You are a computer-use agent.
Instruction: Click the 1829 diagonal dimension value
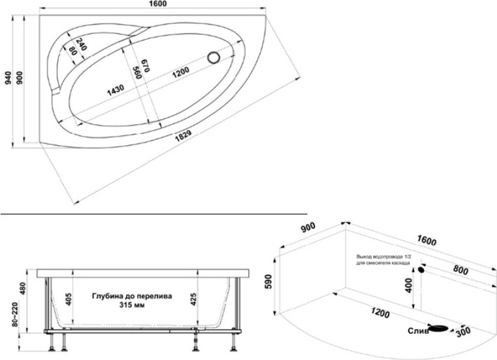pos(184,137)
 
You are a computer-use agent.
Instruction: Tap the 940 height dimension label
pos(7,78)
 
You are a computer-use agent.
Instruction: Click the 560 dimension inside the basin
pos(137,73)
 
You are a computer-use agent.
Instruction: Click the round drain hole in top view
pos(214,57)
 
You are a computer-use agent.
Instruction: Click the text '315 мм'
pos(131,306)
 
